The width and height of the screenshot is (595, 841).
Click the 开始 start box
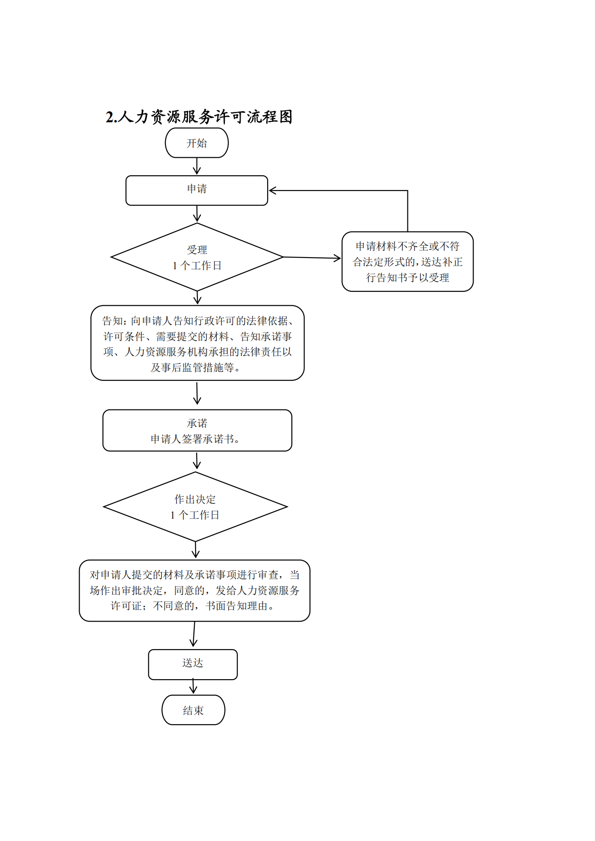197,143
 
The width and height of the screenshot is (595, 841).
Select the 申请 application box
197,191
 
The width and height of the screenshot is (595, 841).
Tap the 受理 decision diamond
197,257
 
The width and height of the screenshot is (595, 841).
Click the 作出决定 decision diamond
195,507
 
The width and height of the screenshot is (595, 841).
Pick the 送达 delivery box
193,664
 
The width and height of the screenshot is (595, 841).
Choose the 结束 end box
193,710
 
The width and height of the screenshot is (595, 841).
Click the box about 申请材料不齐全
407,262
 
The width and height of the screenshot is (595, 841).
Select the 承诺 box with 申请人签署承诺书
197,431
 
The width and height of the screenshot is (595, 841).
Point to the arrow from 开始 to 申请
197,166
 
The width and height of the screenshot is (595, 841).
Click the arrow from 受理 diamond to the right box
312,258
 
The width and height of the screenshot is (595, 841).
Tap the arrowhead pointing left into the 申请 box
273,191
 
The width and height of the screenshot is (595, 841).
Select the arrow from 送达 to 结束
193,687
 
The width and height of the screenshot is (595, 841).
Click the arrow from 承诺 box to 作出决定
197,461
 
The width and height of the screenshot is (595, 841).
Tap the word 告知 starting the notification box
113,321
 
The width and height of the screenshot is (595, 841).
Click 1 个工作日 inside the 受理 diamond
197,266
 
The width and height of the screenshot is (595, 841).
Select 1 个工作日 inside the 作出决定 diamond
195,515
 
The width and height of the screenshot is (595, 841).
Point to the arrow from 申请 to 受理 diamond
197,214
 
